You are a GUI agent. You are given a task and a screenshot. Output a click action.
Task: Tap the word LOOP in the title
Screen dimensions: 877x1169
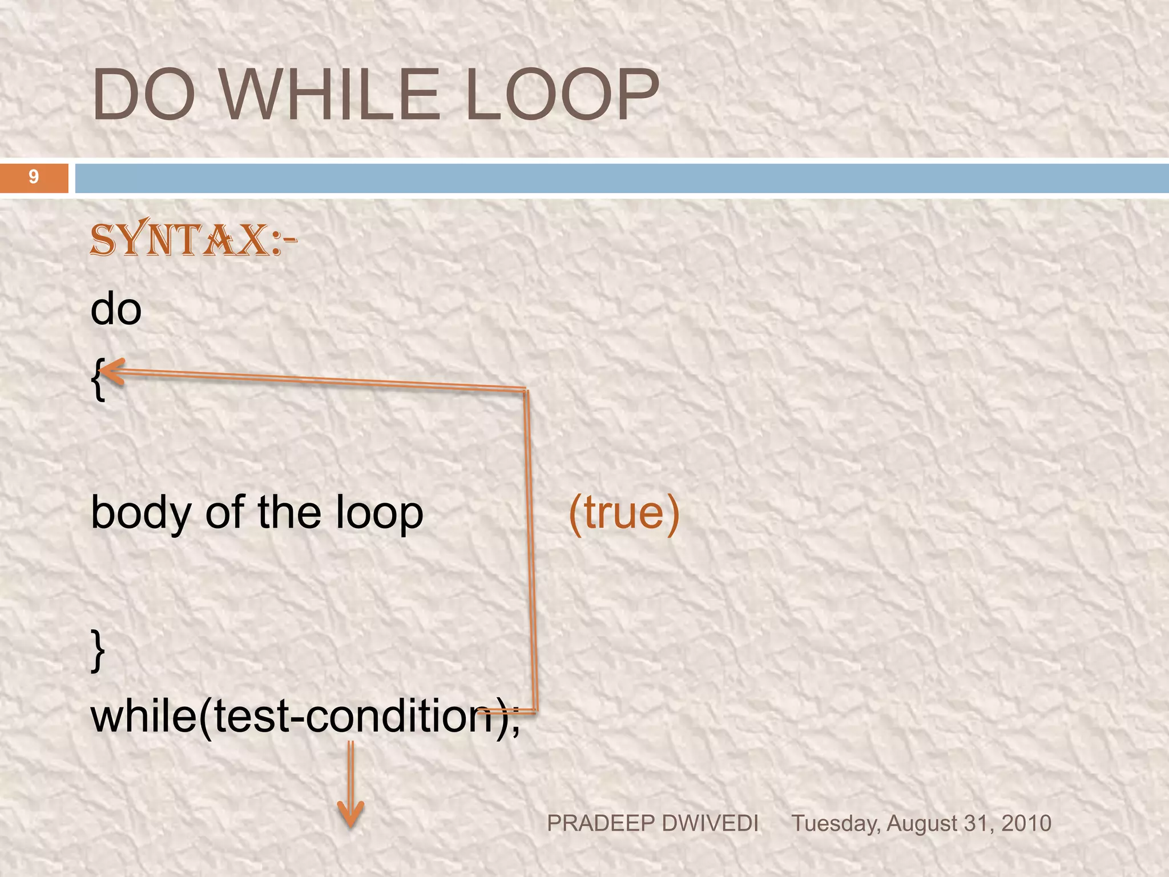562,94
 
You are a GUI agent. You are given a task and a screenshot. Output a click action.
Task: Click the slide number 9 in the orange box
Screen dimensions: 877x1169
34,177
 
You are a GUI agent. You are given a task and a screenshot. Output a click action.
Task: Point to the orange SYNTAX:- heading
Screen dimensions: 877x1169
193,240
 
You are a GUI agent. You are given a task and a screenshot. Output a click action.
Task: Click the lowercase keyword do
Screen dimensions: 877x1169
116,309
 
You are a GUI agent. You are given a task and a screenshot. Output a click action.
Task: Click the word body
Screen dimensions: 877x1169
140,513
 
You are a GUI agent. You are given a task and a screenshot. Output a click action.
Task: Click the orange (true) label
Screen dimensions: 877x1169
624,513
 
